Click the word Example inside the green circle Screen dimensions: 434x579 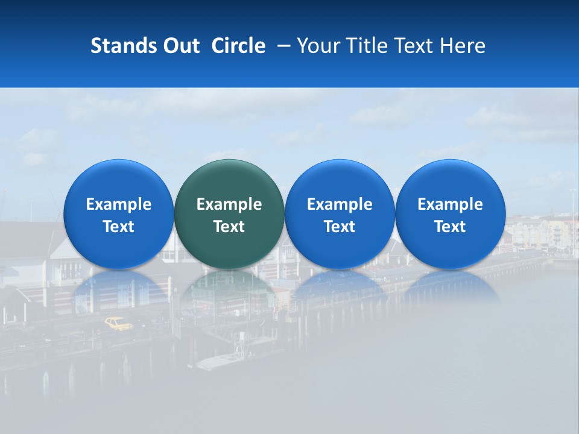coord(229,204)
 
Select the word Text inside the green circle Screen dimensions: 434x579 coord(229,227)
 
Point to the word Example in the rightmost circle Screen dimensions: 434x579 coord(450,204)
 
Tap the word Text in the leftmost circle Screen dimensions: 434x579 coord(118,227)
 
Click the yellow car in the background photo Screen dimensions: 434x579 coord(119,324)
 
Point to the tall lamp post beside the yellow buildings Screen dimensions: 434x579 coord(572,217)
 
